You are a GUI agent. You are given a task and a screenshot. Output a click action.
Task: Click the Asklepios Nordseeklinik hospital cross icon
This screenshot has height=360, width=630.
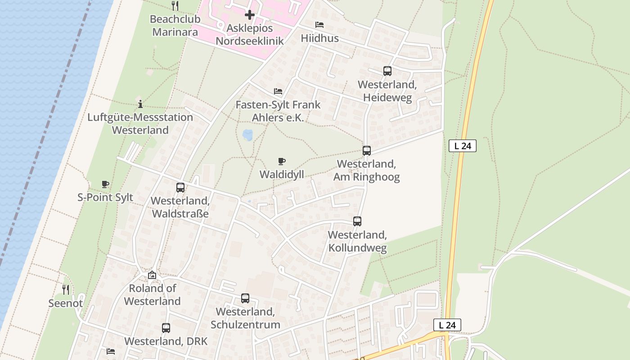click(x=250, y=15)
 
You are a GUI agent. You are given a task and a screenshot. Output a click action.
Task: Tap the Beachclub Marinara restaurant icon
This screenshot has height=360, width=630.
click(x=175, y=6)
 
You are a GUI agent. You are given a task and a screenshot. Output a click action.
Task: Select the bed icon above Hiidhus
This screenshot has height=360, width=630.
click(x=319, y=25)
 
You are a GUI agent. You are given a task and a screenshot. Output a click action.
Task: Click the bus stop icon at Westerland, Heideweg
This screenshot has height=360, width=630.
click(x=387, y=71)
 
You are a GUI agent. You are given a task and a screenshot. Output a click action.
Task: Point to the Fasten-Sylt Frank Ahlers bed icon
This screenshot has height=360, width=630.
click(x=278, y=91)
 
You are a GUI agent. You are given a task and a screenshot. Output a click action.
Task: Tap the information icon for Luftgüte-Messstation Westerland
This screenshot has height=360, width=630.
click(x=140, y=104)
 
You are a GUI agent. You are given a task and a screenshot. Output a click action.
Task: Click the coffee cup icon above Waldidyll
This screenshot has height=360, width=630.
click(x=282, y=161)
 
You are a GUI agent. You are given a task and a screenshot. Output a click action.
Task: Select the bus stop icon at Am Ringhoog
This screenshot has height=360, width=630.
click(x=367, y=151)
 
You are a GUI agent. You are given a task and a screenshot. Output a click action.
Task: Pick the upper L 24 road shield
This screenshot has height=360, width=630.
click(x=462, y=146)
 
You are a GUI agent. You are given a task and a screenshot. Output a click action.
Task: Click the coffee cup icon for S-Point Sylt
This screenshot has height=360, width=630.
click(x=105, y=184)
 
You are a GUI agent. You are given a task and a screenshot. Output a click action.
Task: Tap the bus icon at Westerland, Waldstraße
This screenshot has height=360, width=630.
click(x=180, y=188)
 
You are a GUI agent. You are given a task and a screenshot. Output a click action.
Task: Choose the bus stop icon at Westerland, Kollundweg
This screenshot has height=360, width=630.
click(x=357, y=221)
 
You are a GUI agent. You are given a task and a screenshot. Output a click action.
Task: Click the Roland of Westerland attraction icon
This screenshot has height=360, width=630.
click(x=152, y=274)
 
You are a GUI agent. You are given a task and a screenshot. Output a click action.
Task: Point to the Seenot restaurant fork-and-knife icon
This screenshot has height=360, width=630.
click(x=66, y=289)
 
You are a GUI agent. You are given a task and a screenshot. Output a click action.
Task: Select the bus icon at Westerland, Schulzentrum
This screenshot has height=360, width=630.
click(x=245, y=298)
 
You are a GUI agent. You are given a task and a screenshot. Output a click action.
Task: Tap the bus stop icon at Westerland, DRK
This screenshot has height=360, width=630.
click(x=166, y=328)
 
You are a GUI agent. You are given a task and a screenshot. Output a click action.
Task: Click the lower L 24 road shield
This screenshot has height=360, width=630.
click(x=447, y=325)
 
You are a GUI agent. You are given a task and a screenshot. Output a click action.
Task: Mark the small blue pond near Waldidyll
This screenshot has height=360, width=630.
click(x=247, y=134)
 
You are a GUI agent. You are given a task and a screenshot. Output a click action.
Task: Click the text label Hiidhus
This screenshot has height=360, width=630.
click(x=319, y=38)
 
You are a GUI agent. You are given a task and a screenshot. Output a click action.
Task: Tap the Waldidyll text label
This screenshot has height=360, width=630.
click(x=282, y=174)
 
